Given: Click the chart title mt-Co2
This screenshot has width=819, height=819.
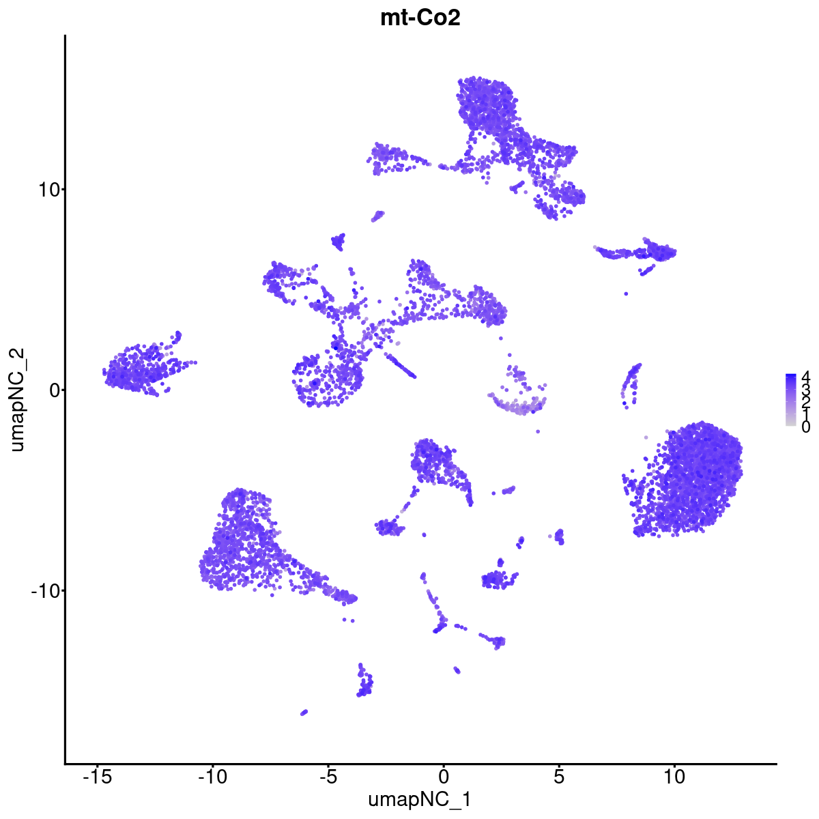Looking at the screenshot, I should pos(420,18).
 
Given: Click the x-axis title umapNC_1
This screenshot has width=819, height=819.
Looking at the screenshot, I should pos(420,799).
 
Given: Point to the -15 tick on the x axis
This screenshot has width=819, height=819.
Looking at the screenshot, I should pos(97,777).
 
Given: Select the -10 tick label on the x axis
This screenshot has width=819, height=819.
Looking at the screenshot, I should pos(212,777).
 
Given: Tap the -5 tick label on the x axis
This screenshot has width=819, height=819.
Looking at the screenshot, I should pos(328,777).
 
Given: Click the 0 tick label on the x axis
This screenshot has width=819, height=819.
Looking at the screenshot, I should pos(444,777).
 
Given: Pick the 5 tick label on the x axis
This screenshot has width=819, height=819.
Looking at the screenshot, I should pos(559,777).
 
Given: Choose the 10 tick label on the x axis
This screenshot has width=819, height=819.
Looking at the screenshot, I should pos(674,777).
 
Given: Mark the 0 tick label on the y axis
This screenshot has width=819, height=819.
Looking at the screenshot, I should pos(53,390).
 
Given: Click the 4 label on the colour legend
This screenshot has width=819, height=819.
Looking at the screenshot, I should pos(805,376).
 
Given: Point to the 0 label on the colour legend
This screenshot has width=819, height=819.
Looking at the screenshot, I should pos(805,427).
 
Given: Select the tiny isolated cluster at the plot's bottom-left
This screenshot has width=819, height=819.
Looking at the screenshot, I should pos(304,712).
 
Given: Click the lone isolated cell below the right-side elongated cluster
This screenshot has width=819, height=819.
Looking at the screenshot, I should pos(626,293).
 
